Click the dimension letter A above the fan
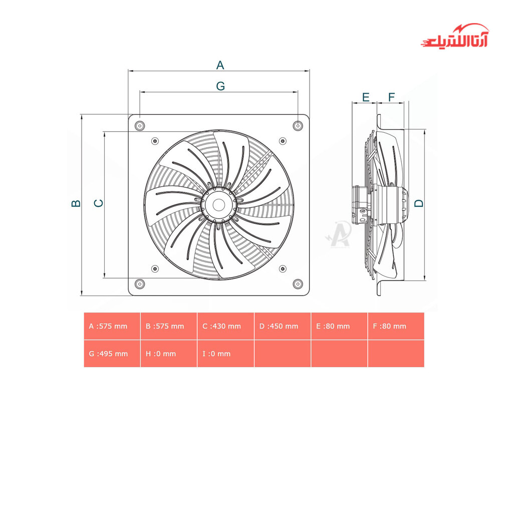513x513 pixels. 220,65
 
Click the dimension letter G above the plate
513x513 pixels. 220,86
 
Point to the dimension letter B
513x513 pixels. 76,203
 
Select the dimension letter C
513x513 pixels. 99,203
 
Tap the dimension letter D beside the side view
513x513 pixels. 419,203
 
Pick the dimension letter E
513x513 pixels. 366,97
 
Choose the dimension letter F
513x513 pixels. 392,97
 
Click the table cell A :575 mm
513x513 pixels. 112,326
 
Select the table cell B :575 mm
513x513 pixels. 169,326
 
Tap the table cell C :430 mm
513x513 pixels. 225,326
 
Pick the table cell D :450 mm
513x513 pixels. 283,326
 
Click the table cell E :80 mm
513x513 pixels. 339,326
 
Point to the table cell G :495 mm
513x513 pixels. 112,354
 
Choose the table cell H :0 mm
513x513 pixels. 169,354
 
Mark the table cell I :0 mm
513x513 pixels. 225,354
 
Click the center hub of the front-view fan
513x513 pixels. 219,204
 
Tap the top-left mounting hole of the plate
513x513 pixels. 140,125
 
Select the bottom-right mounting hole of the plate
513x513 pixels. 298,284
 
